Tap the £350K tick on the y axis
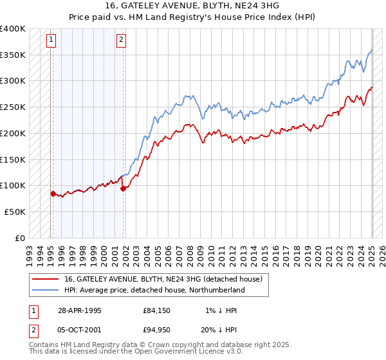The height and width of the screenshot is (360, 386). coord(13,55)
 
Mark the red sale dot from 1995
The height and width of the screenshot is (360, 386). coord(53,193)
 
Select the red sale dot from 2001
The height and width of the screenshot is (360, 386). coord(123,188)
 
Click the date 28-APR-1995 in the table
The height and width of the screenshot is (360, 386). coord(80,310)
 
